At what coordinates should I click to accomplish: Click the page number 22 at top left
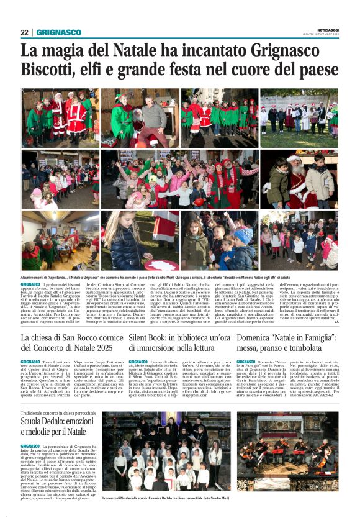click(x=25, y=32)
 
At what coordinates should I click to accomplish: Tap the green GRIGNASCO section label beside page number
click(x=59, y=32)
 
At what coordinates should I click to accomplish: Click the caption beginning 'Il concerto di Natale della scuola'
click(x=180, y=498)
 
